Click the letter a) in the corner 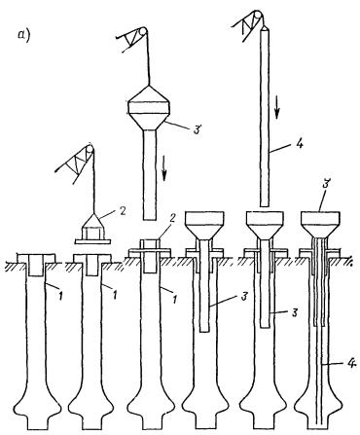[24, 35]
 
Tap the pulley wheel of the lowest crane [89, 150]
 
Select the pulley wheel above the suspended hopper [141, 32]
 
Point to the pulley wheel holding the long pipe [258, 16]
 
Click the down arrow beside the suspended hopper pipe [165, 167]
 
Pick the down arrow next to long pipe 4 [277, 107]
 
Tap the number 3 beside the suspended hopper [197, 129]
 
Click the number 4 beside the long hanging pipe [299, 142]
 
